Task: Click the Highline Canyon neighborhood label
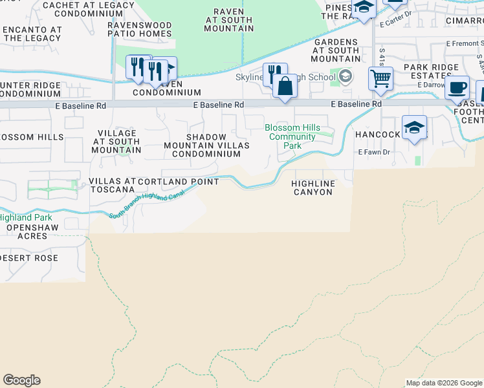point(314,188)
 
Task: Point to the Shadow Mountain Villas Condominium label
point(206,145)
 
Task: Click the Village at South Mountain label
point(116,142)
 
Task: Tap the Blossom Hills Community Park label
point(292,136)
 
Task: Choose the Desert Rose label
point(29,258)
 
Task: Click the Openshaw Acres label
point(27,232)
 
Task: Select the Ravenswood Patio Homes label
point(139,30)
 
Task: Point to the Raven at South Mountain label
point(229,20)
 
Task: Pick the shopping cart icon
point(380,78)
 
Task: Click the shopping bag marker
point(285,86)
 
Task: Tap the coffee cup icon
point(457,87)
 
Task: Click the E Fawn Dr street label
point(374,153)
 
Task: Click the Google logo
point(21,380)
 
